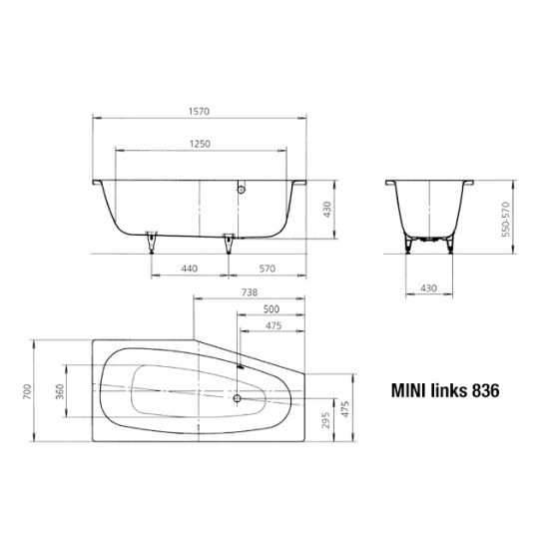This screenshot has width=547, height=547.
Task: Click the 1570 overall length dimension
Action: (x=200, y=111)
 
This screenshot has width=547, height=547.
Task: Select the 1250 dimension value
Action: (x=200, y=144)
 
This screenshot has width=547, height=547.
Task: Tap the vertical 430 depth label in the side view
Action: (x=327, y=209)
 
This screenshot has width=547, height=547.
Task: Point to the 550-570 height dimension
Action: (x=505, y=219)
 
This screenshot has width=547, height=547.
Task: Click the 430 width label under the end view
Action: (x=428, y=288)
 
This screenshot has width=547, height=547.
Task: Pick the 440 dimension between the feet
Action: (x=189, y=269)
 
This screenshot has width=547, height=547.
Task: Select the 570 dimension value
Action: (x=268, y=269)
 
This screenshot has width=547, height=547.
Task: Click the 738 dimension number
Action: (x=250, y=292)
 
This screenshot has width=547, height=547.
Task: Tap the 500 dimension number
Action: (x=272, y=309)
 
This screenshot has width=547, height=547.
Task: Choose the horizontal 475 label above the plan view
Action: (x=273, y=325)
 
